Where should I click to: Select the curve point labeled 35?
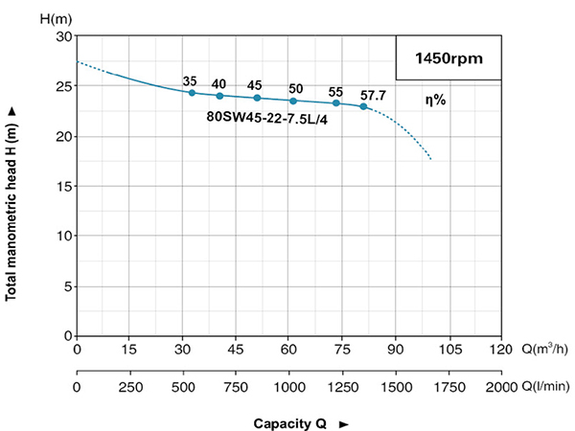192,92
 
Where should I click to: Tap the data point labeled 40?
219,95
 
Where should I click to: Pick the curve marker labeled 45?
257,98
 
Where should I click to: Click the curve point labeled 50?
293,101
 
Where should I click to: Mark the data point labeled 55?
336,102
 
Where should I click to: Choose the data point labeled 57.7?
363,106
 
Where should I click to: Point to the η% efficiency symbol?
436,99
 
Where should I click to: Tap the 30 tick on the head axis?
65,36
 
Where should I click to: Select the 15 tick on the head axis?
65,186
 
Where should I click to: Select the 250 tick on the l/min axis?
130,386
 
